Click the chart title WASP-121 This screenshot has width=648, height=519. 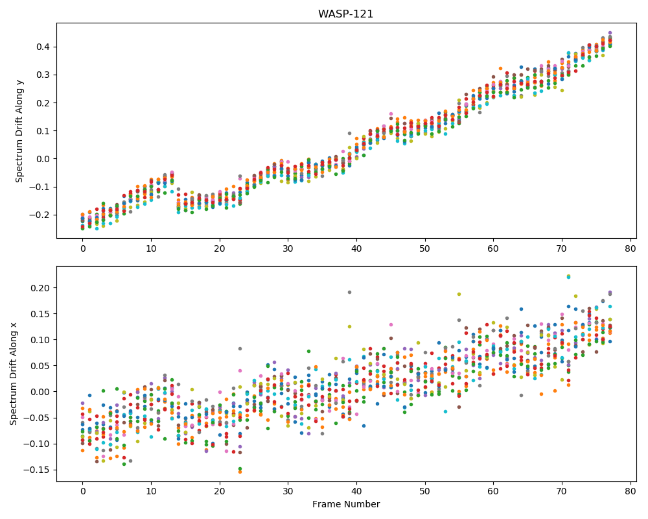345,14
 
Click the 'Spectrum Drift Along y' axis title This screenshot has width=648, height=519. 19,131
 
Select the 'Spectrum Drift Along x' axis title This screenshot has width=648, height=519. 14,374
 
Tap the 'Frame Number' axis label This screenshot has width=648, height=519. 346,504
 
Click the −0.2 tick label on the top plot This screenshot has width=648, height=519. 40,215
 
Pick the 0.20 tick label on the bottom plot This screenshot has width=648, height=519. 40,288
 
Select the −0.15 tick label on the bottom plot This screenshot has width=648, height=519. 37,470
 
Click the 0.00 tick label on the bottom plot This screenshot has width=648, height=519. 40,392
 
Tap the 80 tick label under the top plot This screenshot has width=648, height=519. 631,248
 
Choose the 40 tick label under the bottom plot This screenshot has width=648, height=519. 356,492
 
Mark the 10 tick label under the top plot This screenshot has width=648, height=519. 151,248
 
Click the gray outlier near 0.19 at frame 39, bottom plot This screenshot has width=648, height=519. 350,292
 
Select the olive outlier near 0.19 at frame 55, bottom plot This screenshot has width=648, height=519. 459,295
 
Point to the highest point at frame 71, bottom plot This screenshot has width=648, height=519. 568,276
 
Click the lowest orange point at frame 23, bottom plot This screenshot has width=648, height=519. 240,472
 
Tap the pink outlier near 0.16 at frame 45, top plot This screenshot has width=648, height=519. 391,114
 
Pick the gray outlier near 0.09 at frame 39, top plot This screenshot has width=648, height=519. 350,133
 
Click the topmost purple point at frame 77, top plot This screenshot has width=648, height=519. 610,32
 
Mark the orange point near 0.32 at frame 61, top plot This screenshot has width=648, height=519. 500,69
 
